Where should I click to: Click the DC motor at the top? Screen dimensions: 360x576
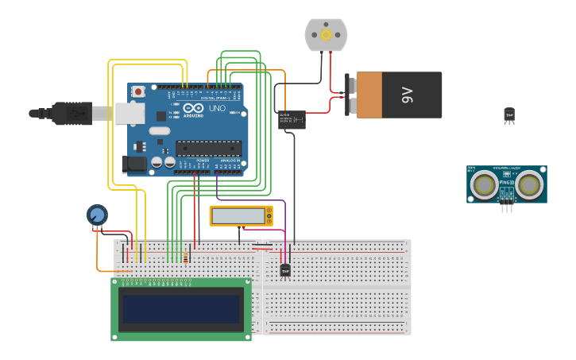pyautogui.click(x=327, y=35)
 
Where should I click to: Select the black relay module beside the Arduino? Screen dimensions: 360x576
pyautogui.click(x=292, y=120)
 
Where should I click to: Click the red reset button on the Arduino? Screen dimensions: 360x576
pyautogui.click(x=139, y=91)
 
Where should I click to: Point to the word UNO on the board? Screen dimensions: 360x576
pyautogui.click(x=217, y=108)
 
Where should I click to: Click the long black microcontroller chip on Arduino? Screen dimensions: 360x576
pyautogui.click(x=208, y=147)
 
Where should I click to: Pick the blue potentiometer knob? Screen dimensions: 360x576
pyautogui.click(x=97, y=215)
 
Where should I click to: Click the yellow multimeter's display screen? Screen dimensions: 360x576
pyautogui.click(x=238, y=215)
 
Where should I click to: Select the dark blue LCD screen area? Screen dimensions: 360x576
pyautogui.click(x=180, y=309)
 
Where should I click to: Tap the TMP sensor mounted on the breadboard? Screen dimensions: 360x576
pyautogui.click(x=285, y=270)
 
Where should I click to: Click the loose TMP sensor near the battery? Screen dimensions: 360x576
pyautogui.click(x=509, y=115)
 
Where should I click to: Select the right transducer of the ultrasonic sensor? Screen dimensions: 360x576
pyautogui.click(x=530, y=185)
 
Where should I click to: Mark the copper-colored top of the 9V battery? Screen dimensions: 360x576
pyautogui.click(x=369, y=95)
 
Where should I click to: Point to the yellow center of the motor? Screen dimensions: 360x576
pyautogui.click(x=327, y=34)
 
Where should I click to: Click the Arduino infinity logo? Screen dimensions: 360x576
pyautogui.click(x=194, y=108)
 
